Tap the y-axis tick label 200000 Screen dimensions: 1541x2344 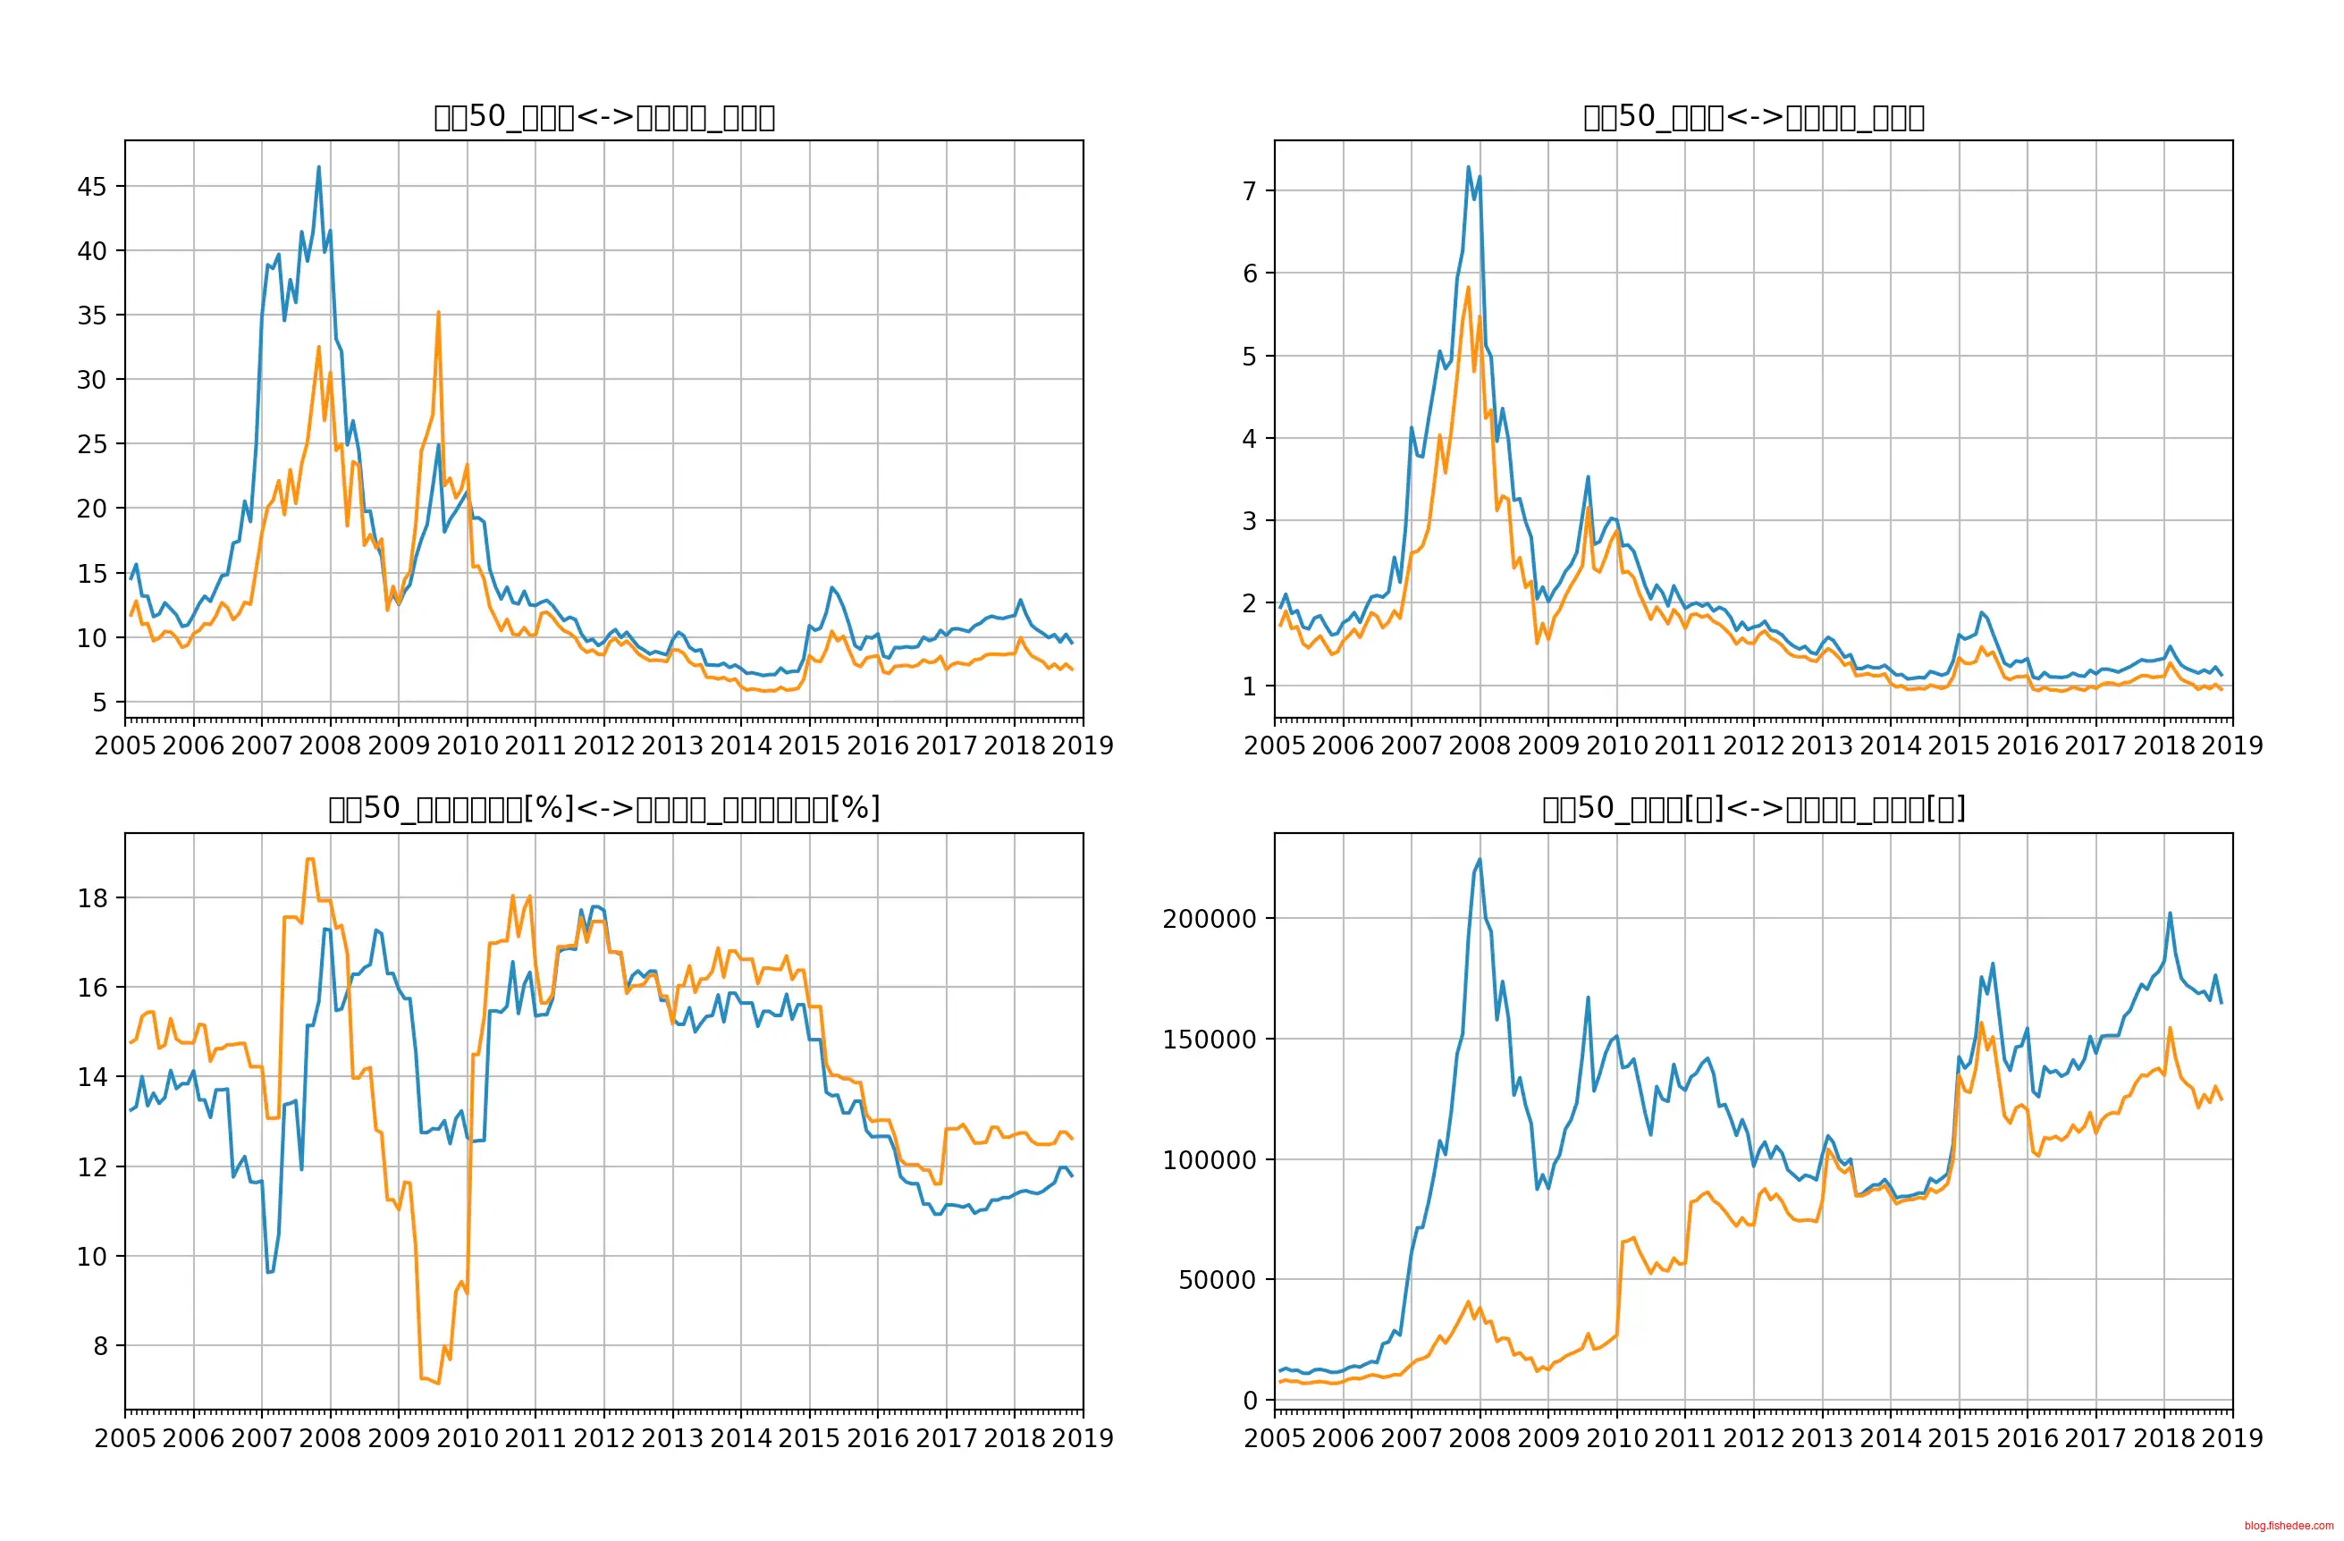pyautogui.click(x=1210, y=919)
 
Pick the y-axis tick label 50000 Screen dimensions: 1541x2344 pyautogui.click(x=1218, y=1280)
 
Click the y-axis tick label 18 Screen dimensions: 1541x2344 pyautogui.click(x=93, y=898)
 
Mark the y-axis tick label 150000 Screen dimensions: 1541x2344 pyautogui.click(x=1210, y=1040)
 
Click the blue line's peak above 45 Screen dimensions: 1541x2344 pyautogui.click(x=318, y=166)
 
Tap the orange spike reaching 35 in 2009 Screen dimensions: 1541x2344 pyautogui.click(x=438, y=312)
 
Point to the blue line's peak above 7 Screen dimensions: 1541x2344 pyautogui.click(x=1468, y=166)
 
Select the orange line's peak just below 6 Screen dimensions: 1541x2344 pyautogui.click(x=1468, y=288)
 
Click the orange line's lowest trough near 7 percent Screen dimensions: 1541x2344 pyautogui.click(x=438, y=1384)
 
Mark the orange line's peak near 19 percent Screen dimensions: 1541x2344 pyautogui.click(x=310, y=859)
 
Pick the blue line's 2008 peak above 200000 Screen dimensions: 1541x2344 pyautogui.click(x=1480, y=859)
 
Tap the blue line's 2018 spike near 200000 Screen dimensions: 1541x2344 pyautogui.click(x=2170, y=913)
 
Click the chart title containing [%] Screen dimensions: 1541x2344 pyautogui.click(x=603, y=808)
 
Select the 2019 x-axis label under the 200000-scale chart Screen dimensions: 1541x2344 pyautogui.click(x=2231, y=1438)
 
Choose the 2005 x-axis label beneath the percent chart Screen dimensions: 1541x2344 pyautogui.click(x=125, y=1438)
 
